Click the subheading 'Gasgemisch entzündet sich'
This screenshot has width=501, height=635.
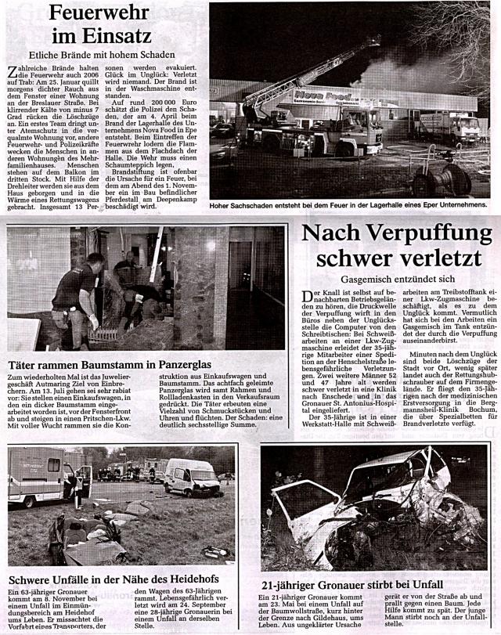398,279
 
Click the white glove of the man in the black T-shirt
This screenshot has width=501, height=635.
94,321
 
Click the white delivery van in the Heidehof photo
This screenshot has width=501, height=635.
190,477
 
